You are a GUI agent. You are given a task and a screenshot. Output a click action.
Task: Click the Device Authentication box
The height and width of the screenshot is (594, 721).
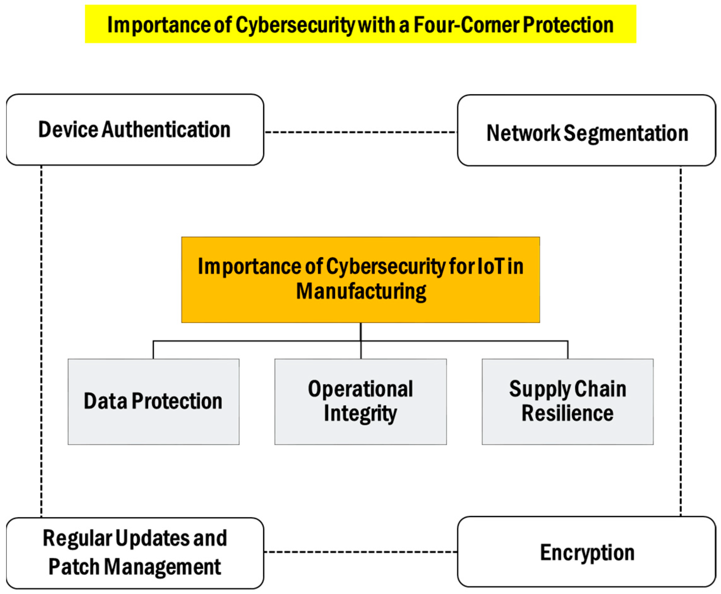[135, 130]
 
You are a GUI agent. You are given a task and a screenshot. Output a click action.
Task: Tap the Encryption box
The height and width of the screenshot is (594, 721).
[586, 552]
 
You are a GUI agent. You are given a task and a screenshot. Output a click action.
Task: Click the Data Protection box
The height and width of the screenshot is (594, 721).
[153, 402]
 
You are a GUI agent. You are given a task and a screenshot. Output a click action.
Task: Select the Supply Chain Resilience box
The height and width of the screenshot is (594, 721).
[567, 402]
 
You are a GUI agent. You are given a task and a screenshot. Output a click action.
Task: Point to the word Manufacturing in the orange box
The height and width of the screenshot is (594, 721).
[361, 292]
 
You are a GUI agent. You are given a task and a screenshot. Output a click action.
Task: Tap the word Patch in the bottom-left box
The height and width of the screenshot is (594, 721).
[74, 567]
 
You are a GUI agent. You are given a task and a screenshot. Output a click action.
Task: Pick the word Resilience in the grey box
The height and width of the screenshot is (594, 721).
[567, 413]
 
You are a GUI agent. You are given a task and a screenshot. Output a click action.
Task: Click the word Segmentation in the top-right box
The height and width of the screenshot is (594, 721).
[626, 133]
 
